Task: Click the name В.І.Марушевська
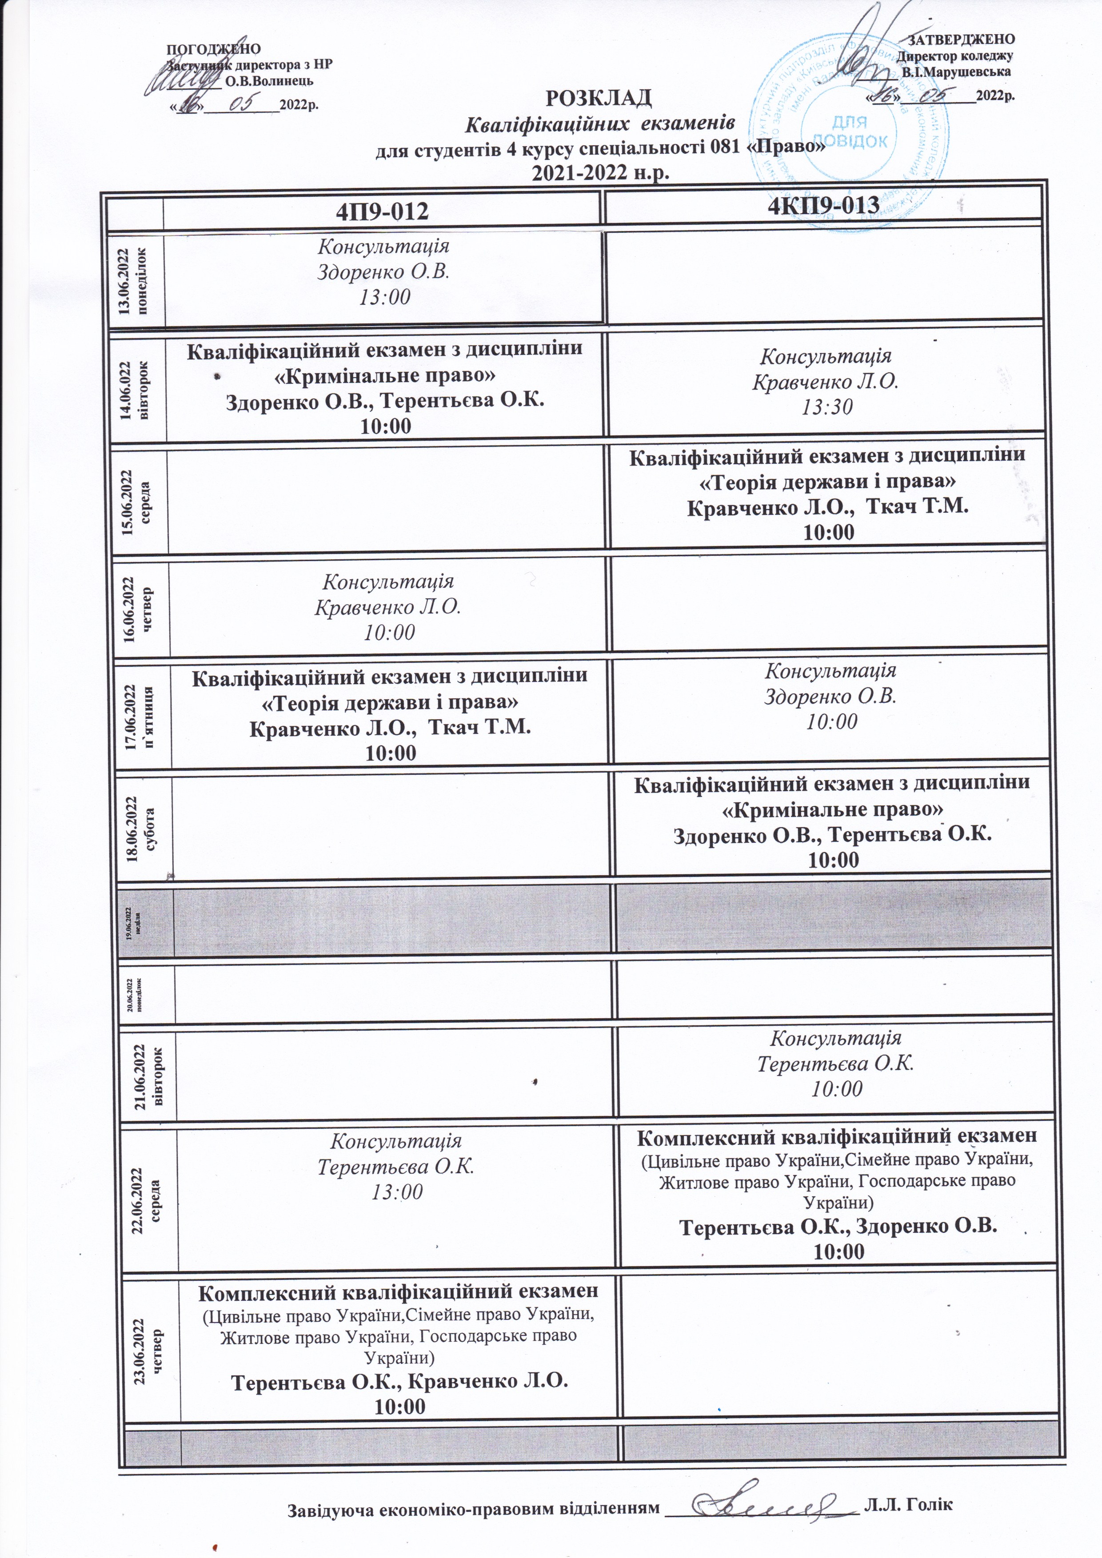[956, 71]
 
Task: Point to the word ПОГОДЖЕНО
[214, 48]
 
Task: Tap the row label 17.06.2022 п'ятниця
[142, 710]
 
